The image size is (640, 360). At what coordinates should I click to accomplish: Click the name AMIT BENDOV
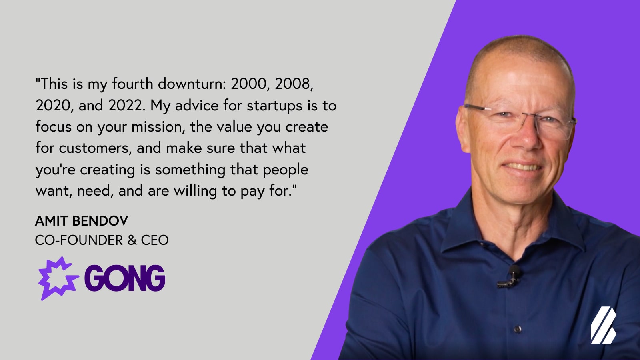pyautogui.click(x=82, y=221)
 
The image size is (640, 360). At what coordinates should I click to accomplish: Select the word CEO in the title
pyautogui.click(x=154, y=240)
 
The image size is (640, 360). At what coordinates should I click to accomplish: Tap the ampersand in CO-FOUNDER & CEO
pyautogui.click(x=132, y=240)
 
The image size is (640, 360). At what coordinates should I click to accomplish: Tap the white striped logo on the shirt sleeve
pyautogui.click(x=603, y=325)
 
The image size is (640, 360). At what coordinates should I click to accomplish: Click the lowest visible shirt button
pyautogui.click(x=518, y=329)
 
